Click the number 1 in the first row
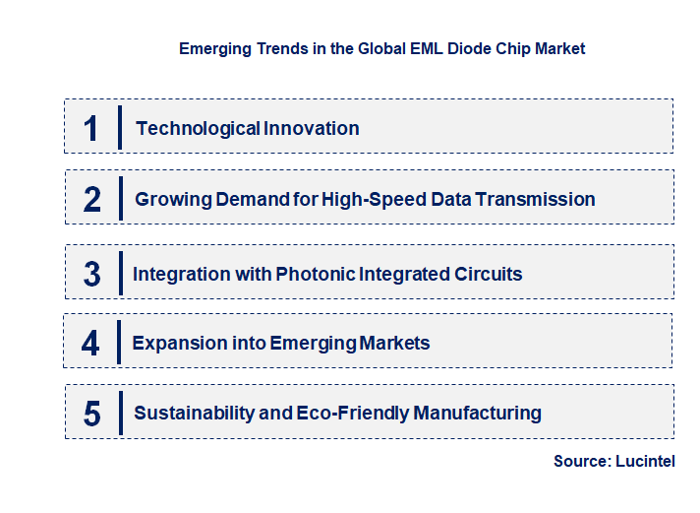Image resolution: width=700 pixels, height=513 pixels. coord(91,128)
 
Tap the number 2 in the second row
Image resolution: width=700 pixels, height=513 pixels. coord(92,200)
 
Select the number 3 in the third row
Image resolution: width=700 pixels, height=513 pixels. coord(91,274)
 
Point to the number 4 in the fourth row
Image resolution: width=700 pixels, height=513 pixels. coord(91,343)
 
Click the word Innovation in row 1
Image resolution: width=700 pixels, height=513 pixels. coord(312,128)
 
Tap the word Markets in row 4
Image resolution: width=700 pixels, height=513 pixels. coord(393,343)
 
